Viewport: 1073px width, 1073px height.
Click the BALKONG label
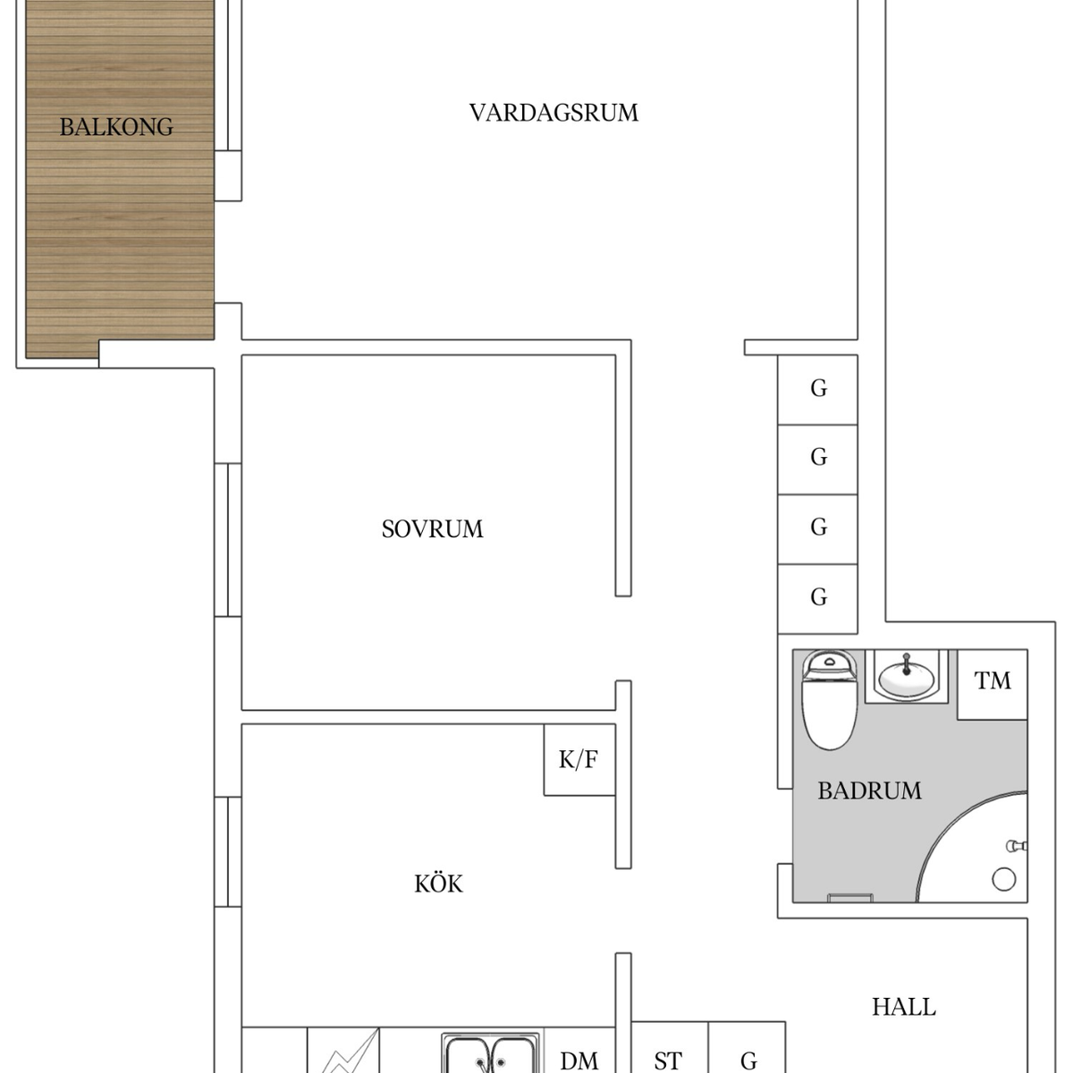[x=116, y=127]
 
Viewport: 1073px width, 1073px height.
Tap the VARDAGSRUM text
[x=553, y=113]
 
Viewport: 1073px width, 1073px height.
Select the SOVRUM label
[x=432, y=529]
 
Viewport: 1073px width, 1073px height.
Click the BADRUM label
[x=869, y=790]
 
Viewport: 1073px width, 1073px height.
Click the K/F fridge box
[x=579, y=759]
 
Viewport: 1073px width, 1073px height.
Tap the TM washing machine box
[x=993, y=684]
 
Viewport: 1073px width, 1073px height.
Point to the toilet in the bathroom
[x=829, y=699]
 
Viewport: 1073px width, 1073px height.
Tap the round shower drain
[x=1003, y=879]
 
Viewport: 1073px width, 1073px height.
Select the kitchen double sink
[x=490, y=1052]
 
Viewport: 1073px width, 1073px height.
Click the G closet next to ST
[x=748, y=1047]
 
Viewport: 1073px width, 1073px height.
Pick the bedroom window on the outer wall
[x=228, y=539]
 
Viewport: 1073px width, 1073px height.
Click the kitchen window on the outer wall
[x=228, y=852]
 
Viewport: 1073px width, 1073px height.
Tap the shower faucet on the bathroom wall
[x=1016, y=847]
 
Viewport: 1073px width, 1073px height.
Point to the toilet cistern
[x=829, y=664]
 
